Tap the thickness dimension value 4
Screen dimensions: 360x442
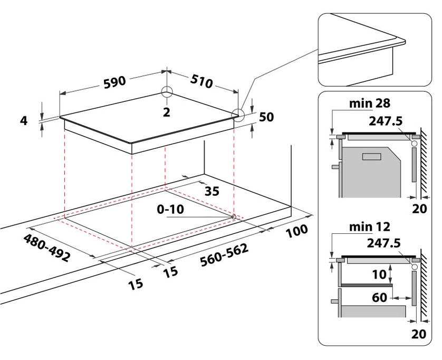pyautogui.click(x=23, y=120)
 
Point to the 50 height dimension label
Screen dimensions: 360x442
pyautogui.click(x=267, y=117)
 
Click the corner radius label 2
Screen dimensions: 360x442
pyautogui.click(x=167, y=111)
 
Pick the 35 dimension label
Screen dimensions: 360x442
pyautogui.click(x=211, y=191)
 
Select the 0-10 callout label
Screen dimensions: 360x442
pyautogui.click(x=170, y=209)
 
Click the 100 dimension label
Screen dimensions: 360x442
pyautogui.click(x=297, y=230)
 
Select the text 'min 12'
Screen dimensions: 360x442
pyautogui.click(x=369, y=226)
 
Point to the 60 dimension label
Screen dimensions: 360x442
pyautogui.click(x=379, y=298)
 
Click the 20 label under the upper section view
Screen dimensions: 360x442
pyautogui.click(x=419, y=208)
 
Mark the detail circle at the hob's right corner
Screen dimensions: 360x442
pyautogui.click(x=237, y=115)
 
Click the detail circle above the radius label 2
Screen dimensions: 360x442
pyautogui.click(x=167, y=92)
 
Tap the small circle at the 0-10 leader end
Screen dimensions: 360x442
pyautogui.click(x=234, y=216)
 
